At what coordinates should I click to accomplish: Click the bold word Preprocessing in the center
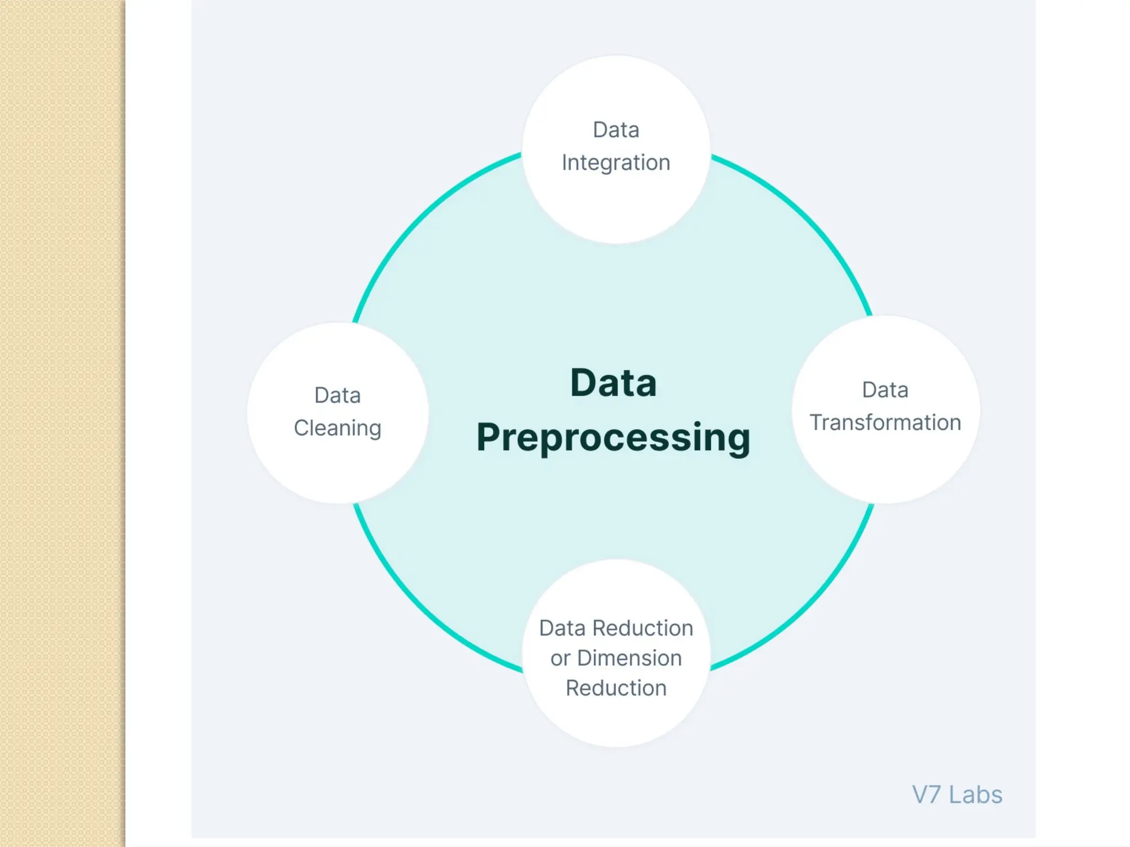pos(613,438)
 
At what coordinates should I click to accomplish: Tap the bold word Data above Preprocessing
pos(613,383)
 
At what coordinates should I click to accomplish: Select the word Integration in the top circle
pos(616,163)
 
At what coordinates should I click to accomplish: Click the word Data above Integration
pos(616,130)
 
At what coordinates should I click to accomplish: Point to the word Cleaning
pos(337,428)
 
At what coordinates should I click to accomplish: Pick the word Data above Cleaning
pos(337,395)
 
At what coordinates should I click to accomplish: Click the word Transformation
pos(885,423)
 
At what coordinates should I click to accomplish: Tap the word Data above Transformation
pos(885,390)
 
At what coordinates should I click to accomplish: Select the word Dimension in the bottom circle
pos(629,658)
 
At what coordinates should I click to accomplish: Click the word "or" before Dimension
pos(560,658)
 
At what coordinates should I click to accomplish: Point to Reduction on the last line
pos(616,688)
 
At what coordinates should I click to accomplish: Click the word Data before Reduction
pos(562,628)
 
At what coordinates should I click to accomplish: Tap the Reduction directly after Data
pos(642,628)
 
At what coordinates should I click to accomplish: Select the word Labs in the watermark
pos(975,795)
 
